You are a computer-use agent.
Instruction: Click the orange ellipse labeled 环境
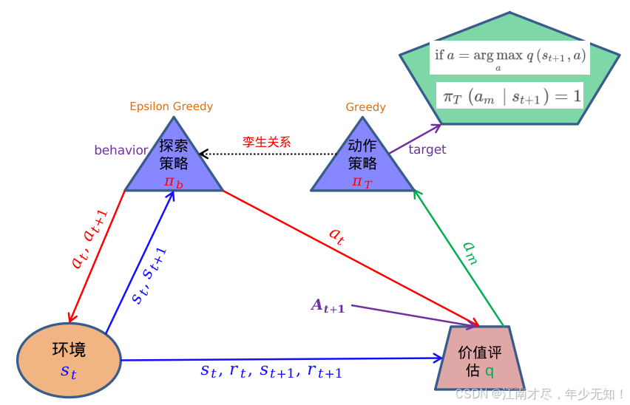69,359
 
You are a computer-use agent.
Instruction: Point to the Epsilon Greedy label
171,106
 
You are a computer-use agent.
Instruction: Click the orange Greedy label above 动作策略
365,107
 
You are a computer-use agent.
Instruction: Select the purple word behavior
121,150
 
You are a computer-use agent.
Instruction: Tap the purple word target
427,149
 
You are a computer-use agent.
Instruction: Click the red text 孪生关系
267,141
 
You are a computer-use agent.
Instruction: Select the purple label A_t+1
328,306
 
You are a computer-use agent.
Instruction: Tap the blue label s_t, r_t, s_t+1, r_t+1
271,371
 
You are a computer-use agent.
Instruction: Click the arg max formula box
509,57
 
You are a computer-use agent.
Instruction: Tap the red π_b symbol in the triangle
174,182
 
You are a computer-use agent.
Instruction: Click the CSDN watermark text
540,394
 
